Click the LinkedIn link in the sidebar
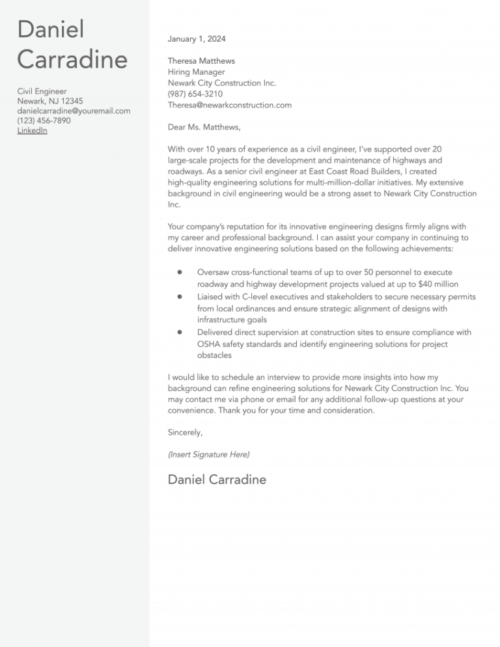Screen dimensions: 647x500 coord(32,131)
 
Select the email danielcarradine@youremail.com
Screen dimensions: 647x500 coord(74,111)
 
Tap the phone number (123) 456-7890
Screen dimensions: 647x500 coord(44,121)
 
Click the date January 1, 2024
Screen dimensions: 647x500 coord(197,39)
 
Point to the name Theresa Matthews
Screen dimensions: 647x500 coord(201,61)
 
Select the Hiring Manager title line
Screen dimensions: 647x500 coord(196,72)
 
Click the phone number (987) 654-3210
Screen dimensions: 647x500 coord(195,94)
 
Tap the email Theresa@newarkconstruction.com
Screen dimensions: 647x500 coord(229,105)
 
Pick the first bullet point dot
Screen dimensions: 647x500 coord(178,272)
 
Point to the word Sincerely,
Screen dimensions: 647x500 coord(185,432)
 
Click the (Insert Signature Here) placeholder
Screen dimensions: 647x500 coord(208,454)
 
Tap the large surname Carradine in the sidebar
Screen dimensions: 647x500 coord(72,60)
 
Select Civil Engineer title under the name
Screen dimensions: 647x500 coord(42,92)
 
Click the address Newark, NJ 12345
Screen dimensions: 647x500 coord(50,102)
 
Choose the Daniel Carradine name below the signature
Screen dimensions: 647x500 coord(217,480)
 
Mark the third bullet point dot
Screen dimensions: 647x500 coord(178,332)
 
